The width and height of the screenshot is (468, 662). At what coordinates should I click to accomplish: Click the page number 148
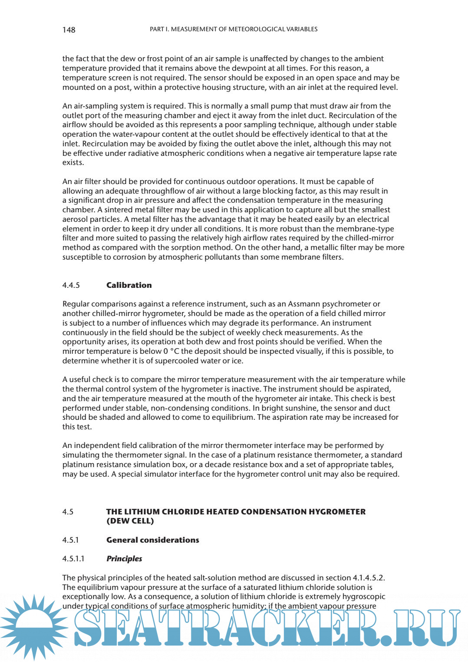69,30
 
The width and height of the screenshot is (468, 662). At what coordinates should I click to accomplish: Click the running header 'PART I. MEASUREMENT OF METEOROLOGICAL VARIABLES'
234,29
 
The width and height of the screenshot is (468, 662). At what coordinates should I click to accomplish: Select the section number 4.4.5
71,285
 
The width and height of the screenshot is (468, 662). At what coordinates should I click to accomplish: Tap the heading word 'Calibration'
129,285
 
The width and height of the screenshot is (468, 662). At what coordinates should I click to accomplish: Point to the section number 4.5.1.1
73,559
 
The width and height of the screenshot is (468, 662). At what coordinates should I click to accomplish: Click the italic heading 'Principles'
124,559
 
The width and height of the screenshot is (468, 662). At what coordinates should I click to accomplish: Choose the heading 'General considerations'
152,540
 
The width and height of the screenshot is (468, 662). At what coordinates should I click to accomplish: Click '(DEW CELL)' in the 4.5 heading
130,521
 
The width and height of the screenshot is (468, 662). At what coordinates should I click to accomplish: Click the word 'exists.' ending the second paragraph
73,162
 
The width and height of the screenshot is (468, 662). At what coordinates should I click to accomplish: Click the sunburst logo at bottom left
34,627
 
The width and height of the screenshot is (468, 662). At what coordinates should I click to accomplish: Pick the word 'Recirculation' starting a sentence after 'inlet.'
105,144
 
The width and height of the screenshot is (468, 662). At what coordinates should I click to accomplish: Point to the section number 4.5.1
70,540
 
